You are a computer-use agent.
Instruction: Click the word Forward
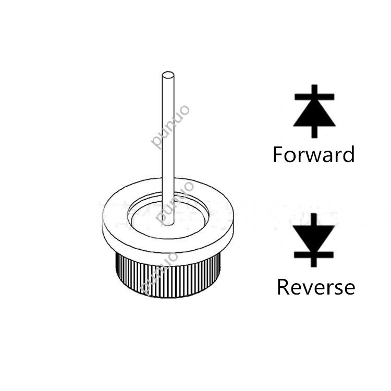(313, 155)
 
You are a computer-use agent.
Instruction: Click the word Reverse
(315, 287)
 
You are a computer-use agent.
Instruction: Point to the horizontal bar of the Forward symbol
(314, 97)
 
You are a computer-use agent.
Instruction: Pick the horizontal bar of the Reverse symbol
(314, 254)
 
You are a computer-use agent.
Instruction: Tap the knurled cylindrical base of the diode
(167, 276)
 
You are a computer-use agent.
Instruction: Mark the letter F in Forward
(279, 155)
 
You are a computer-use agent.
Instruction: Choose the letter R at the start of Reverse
(283, 287)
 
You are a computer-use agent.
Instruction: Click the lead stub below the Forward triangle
(314, 132)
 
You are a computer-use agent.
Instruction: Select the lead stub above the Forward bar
(314, 89)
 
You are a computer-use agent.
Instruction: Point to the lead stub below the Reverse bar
(314, 262)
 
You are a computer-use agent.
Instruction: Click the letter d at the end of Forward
(348, 155)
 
